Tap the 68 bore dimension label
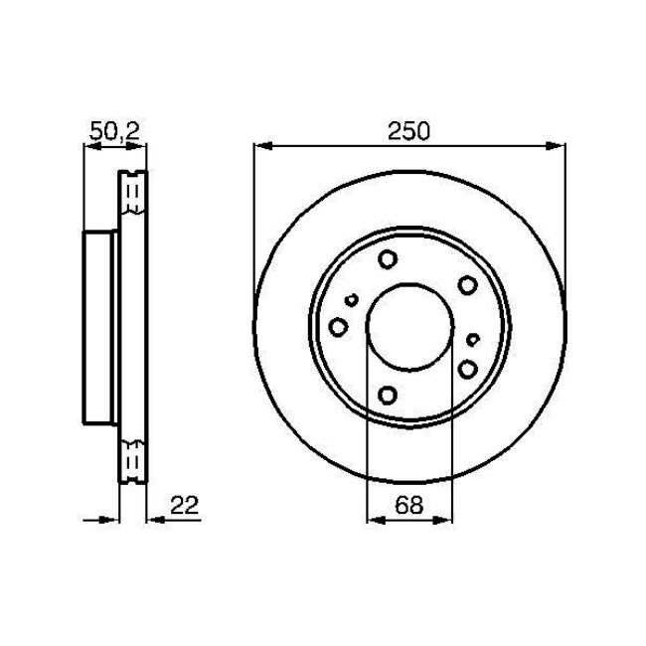(x=409, y=504)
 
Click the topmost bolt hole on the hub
(x=388, y=260)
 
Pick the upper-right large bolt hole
(x=467, y=286)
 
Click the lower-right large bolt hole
(x=467, y=369)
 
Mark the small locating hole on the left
(x=352, y=299)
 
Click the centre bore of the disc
(x=409, y=327)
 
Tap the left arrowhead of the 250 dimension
(x=260, y=146)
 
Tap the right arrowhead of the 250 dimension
(x=559, y=146)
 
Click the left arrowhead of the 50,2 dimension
(x=88, y=147)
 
